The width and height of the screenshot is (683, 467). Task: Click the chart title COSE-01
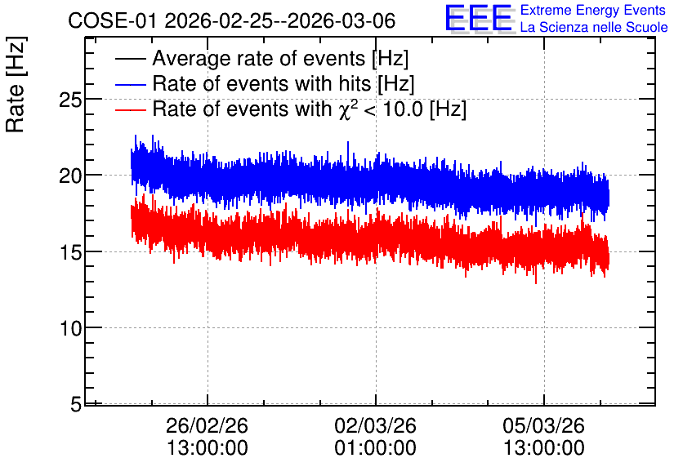click(112, 20)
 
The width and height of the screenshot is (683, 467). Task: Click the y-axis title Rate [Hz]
click(16, 84)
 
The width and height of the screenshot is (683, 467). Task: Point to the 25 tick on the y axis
click(70, 100)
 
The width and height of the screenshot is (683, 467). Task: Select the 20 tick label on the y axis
click(70, 176)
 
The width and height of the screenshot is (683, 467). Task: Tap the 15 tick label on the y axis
click(70, 252)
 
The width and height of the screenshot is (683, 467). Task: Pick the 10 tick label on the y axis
click(70, 328)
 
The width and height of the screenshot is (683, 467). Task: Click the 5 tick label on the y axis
click(76, 405)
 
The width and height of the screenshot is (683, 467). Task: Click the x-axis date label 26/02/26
click(207, 425)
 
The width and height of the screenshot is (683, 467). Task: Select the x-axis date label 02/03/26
click(376, 425)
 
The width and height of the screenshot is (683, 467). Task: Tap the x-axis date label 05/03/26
click(543, 425)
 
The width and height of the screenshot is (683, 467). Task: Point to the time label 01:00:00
click(376, 447)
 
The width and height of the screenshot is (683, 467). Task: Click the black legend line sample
click(130, 59)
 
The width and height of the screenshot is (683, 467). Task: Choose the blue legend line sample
click(130, 84)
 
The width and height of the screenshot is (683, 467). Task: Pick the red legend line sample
click(130, 109)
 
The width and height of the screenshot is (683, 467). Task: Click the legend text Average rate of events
click(259, 59)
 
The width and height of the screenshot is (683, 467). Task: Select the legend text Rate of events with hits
click(261, 83)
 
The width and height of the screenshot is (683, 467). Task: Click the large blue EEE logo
click(480, 18)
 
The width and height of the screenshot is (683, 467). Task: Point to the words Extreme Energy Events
click(593, 10)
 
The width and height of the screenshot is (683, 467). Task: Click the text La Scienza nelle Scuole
click(594, 28)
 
